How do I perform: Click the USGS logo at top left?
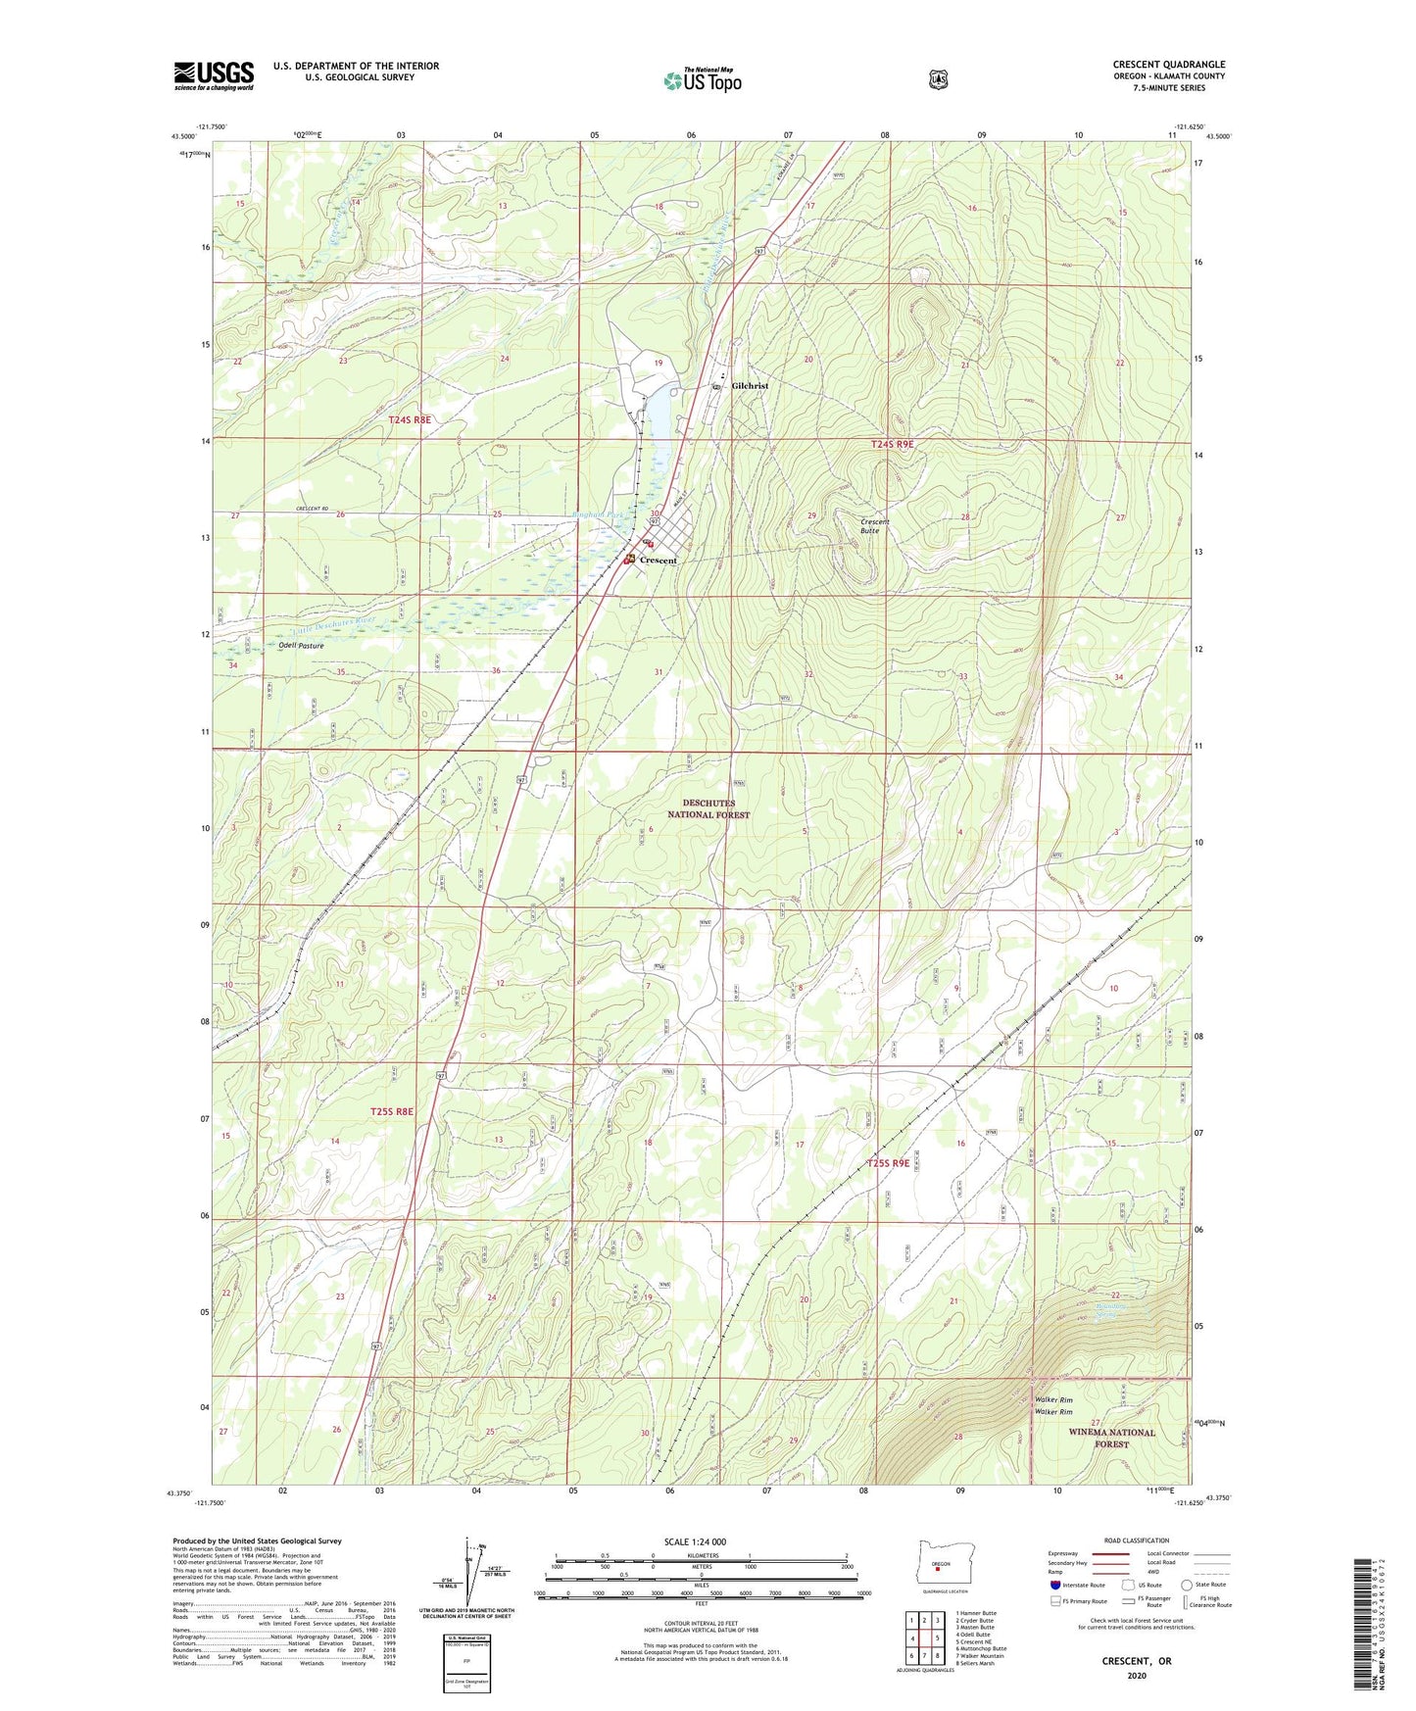[x=214, y=75]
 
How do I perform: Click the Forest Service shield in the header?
[x=938, y=79]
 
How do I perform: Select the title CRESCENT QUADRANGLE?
[x=1168, y=65]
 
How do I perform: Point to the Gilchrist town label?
[x=750, y=386]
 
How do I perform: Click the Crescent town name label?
[x=659, y=561]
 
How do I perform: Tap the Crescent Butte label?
[x=874, y=526]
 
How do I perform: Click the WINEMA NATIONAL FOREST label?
[x=1111, y=1438]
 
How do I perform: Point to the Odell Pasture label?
[x=301, y=646]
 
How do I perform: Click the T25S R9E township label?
[x=888, y=1163]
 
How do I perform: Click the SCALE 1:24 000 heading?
[x=695, y=1541]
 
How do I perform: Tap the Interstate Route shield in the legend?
[x=1054, y=1584]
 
